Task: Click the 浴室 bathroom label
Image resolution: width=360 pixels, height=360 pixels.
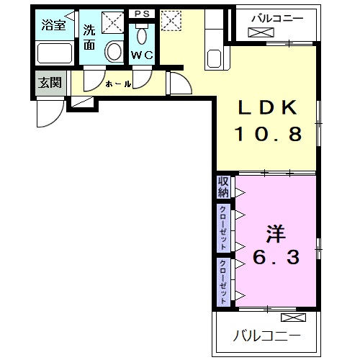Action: pos(53,24)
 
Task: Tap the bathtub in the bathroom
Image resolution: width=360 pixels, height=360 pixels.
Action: pos(55,53)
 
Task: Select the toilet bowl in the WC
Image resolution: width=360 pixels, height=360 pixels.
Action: pos(142,35)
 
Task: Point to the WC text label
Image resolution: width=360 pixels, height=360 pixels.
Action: pos(142,55)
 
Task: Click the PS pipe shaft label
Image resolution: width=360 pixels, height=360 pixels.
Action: pos(142,14)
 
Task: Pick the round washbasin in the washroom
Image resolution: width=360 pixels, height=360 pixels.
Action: pos(114,52)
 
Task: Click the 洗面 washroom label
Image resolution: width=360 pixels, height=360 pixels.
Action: pos(89,37)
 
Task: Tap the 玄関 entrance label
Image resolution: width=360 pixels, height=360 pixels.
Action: pos(50,83)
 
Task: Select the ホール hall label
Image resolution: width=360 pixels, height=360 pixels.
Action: pos(118,84)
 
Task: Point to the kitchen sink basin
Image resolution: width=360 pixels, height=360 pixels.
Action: pos(214,58)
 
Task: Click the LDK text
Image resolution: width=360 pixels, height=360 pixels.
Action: pos(268,107)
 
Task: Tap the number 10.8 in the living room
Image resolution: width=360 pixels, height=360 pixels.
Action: pos(268,134)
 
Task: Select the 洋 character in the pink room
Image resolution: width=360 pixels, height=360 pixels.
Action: pos(275,233)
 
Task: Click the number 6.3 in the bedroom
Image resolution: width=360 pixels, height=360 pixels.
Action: pos(276,257)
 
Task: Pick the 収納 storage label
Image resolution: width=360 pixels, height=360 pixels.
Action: pos(223,187)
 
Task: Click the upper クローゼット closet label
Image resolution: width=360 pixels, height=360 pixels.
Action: pos(223,228)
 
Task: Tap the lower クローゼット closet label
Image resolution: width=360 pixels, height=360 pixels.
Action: pos(223,282)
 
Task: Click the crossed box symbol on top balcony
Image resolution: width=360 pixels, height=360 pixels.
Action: pos(261,32)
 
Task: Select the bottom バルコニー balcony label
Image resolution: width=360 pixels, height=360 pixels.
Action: pos(267,336)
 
